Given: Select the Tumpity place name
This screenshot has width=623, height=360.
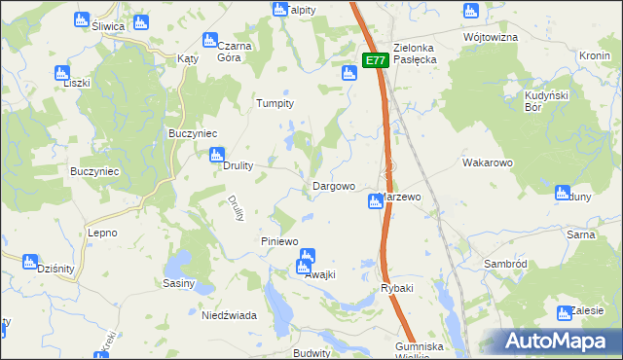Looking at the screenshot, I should [x=274, y=103].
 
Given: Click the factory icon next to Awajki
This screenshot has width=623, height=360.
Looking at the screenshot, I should [x=307, y=260].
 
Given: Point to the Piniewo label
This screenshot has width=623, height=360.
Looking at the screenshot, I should [x=278, y=240].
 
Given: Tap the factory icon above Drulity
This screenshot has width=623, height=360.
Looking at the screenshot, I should [x=217, y=154].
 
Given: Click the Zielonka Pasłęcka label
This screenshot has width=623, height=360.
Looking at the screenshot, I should [x=419, y=53].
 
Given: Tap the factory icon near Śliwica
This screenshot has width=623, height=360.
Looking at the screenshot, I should [x=81, y=18].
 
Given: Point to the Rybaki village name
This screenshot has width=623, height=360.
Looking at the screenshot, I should [x=397, y=289].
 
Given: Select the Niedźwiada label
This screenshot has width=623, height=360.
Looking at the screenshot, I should [x=228, y=315].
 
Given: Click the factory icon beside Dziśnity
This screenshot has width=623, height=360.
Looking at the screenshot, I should [x=29, y=261].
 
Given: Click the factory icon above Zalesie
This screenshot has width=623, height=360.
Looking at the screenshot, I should [x=563, y=313].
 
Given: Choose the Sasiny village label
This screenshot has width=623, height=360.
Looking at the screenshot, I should [x=179, y=284].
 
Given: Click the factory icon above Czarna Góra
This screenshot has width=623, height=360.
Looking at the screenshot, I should [x=208, y=40].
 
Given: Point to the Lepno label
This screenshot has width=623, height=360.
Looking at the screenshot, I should [x=102, y=234].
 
